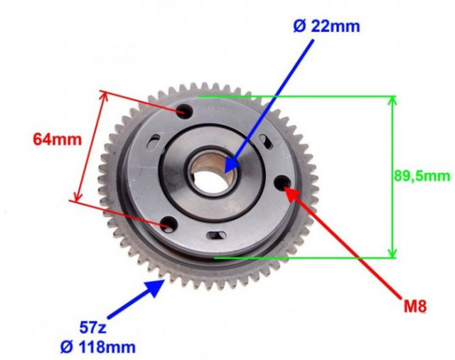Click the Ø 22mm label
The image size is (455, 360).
pos(326,27)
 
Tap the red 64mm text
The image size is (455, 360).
pos(58,139)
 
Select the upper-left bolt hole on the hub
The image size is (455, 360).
pos(184,112)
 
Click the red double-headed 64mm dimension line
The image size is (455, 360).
pos(89,147)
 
